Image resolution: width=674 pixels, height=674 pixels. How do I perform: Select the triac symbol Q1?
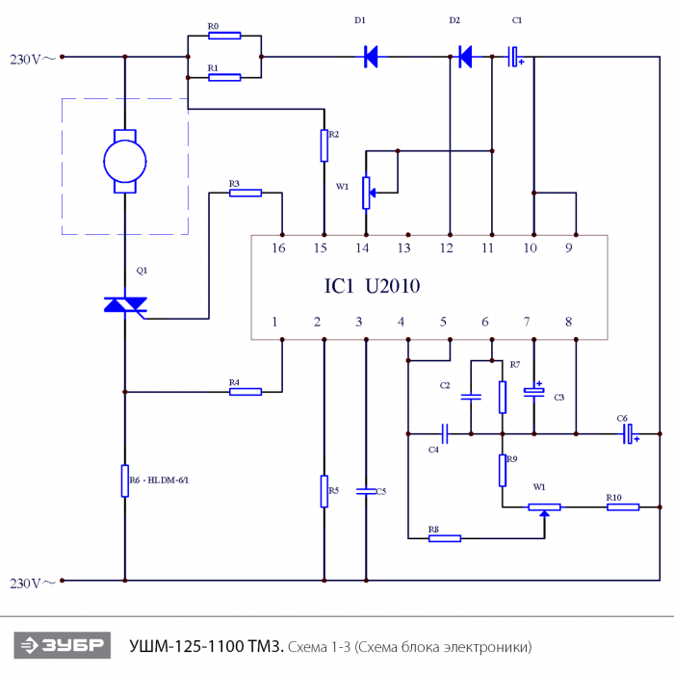[x=125, y=304]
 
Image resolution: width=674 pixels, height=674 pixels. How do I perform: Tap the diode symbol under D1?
[x=370, y=57]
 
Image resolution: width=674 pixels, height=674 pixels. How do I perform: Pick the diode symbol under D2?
[x=465, y=57]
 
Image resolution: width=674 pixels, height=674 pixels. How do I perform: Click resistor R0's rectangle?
[x=224, y=36]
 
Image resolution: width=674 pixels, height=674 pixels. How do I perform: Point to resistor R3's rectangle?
[x=246, y=193]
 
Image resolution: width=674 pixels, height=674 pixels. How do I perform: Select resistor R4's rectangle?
[x=246, y=392]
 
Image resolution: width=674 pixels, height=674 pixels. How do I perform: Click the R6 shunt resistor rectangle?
[x=125, y=480]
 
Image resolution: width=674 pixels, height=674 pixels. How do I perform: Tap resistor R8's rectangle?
[x=445, y=538]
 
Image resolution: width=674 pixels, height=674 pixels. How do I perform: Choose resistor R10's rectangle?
[x=623, y=507]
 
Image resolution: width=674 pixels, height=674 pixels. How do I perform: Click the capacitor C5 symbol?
[x=366, y=491]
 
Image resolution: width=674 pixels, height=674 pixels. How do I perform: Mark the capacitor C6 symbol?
[x=630, y=433]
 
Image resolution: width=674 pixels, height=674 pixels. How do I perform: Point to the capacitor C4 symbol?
[x=445, y=433]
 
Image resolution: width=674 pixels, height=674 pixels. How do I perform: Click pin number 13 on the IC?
[x=404, y=248]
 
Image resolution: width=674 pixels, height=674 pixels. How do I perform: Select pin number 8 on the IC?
[x=569, y=322]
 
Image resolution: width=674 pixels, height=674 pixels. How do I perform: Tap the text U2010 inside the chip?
[x=393, y=286]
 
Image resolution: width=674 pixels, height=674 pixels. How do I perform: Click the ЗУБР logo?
[x=63, y=645]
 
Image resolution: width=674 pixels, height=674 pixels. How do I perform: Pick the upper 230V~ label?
[x=33, y=59]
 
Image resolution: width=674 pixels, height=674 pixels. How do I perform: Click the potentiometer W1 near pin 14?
[x=366, y=193]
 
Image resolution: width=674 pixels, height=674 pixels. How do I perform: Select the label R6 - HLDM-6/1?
[x=159, y=480]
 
